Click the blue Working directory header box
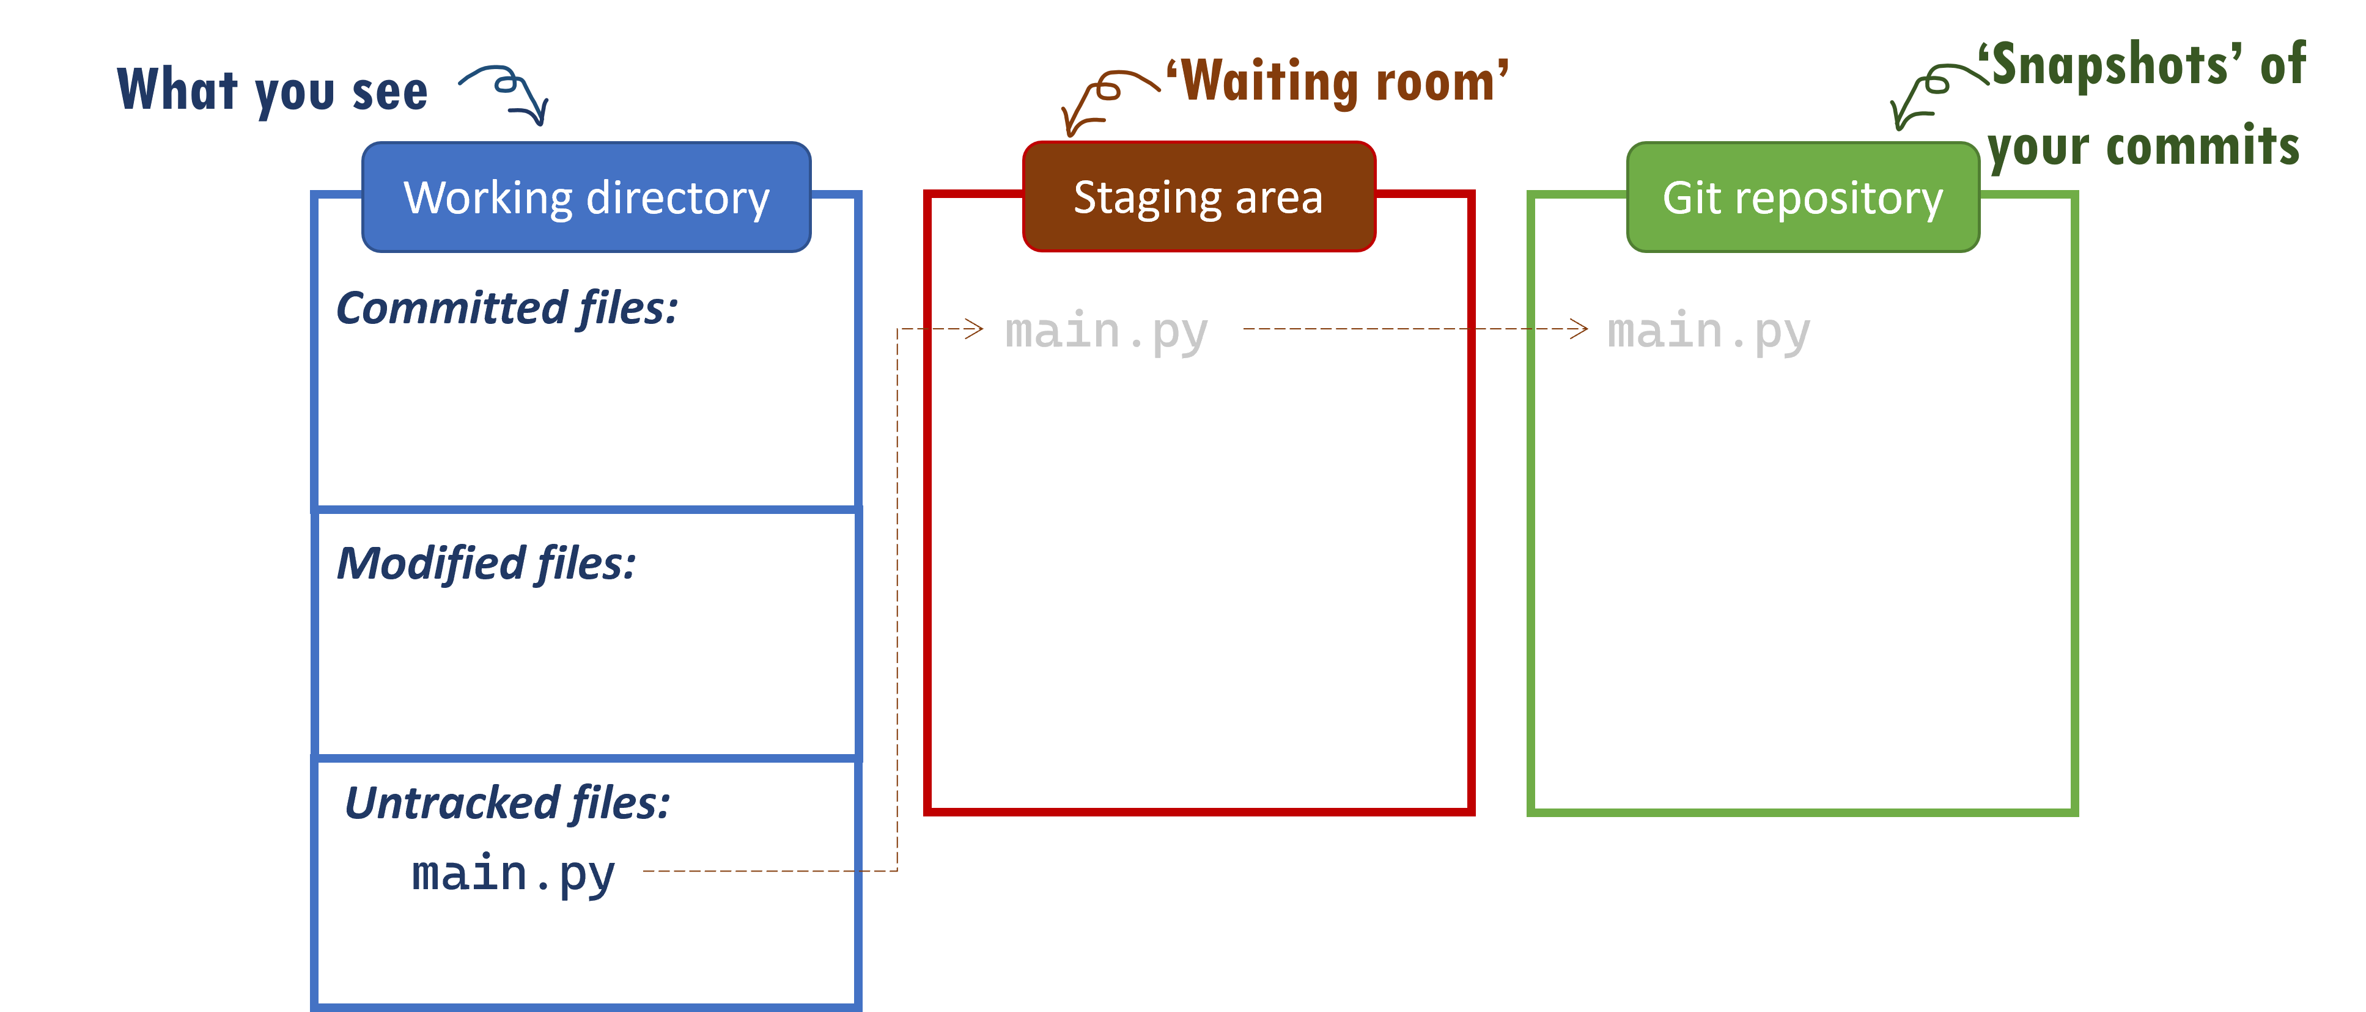click(586, 197)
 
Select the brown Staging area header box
click(1199, 197)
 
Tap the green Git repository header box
click(1802, 197)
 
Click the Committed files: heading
click(507, 307)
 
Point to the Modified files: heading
click(486, 563)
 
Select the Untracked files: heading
click(507, 802)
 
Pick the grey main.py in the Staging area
click(1106, 331)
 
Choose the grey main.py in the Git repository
click(1708, 331)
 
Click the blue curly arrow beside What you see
click(508, 92)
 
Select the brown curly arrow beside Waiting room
click(1102, 99)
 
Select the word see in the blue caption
click(389, 92)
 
